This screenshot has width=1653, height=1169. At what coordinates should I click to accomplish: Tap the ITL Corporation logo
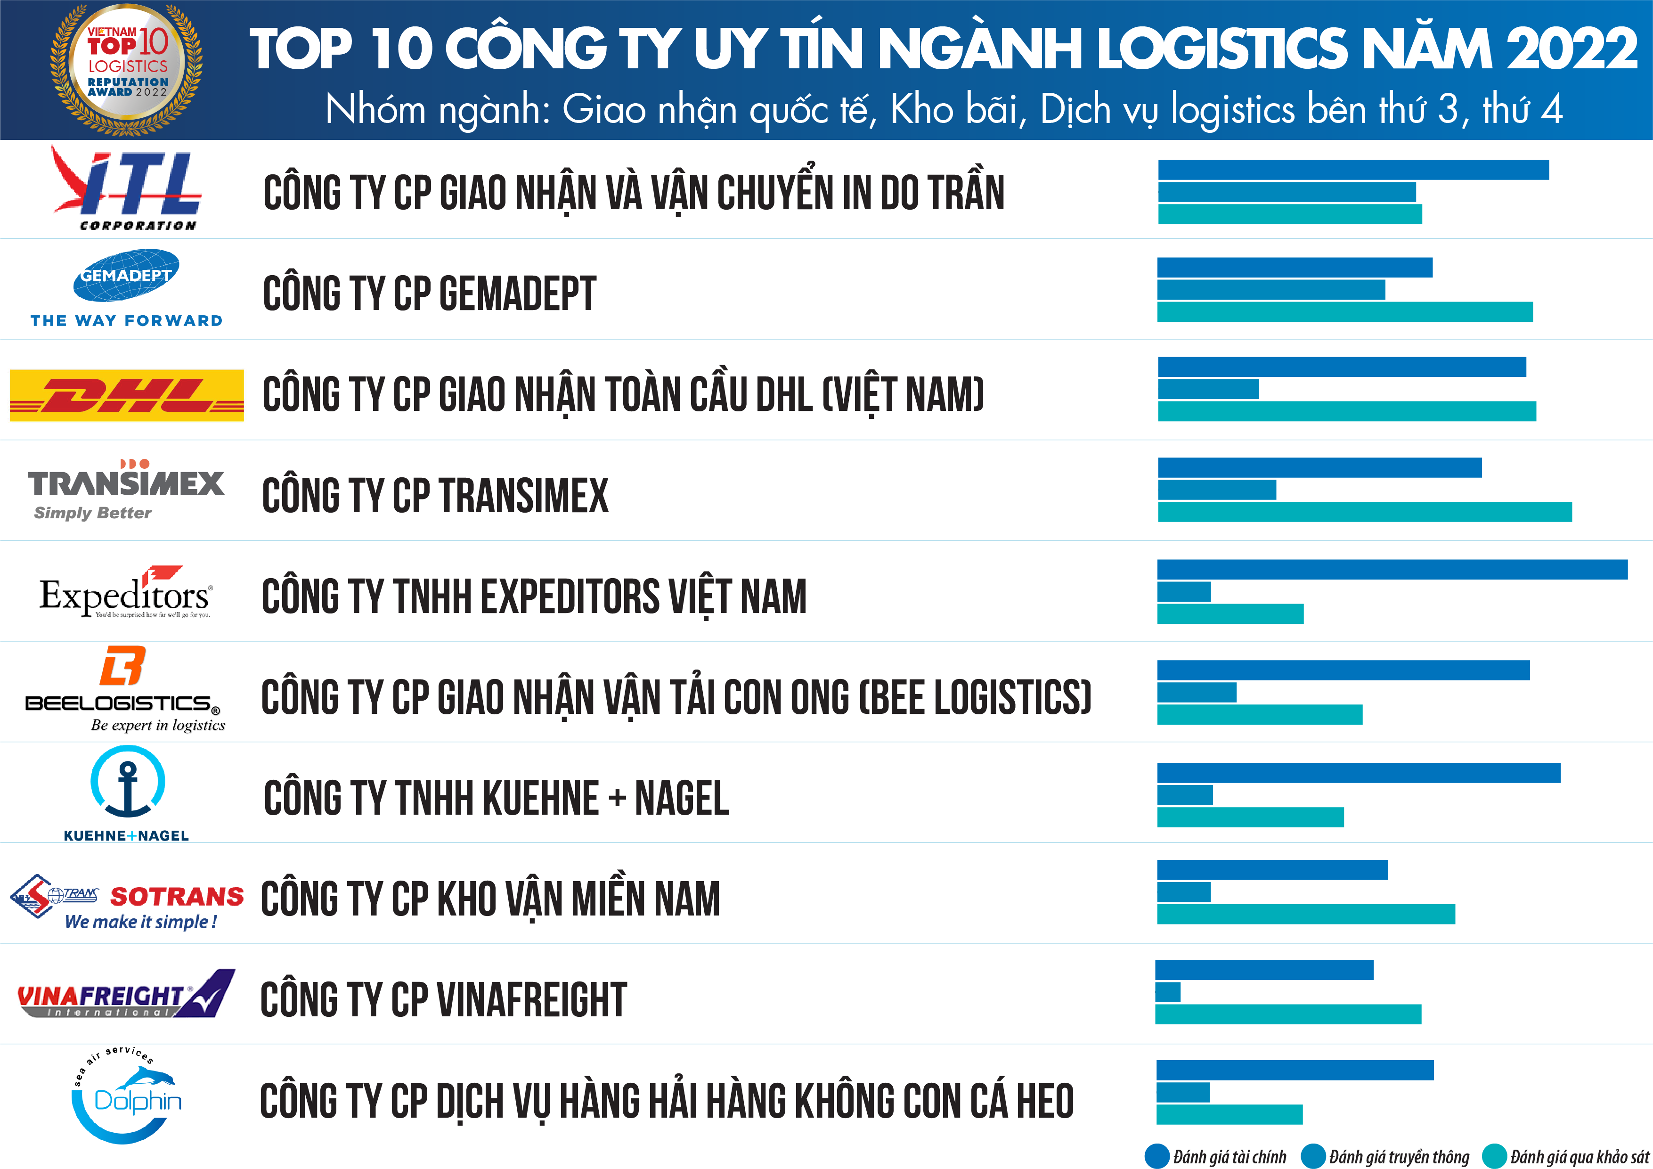[127, 189]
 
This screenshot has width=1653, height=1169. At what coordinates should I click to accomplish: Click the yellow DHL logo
[127, 395]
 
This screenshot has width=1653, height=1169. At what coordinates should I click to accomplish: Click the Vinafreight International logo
[127, 994]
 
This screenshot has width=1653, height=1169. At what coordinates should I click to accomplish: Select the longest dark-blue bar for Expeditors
[1392, 569]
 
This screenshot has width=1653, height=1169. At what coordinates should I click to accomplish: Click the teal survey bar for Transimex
[1364, 512]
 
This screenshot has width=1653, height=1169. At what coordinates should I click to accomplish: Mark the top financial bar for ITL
[1353, 170]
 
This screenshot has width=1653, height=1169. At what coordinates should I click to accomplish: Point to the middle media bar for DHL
[1208, 389]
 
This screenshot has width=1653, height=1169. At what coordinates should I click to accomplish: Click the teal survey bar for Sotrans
[1305, 915]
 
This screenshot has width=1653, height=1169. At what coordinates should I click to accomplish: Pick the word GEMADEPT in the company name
[517, 294]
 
